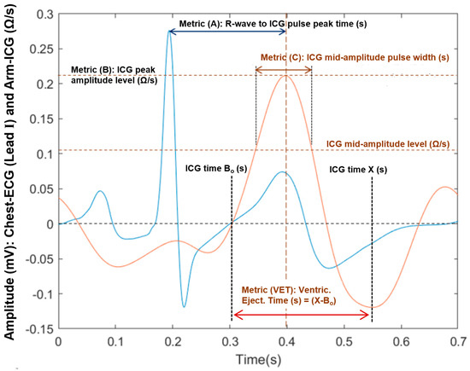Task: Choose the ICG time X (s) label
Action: [357, 169]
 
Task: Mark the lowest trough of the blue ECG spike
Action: [184, 305]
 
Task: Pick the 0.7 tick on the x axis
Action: [458, 339]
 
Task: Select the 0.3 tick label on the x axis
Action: [230, 339]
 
